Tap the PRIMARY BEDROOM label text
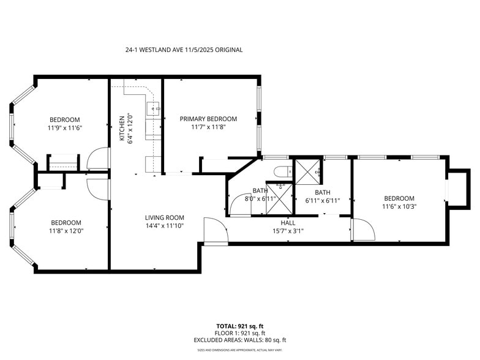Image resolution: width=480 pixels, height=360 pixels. (208, 119)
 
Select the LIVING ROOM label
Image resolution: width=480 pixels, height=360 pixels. (165, 217)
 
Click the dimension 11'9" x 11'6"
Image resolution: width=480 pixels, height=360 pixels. (65, 128)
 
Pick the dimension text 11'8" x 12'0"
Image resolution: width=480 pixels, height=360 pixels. (65, 231)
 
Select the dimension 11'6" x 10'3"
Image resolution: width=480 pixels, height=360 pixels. (399, 207)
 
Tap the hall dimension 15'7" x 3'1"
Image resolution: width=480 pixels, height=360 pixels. (289, 231)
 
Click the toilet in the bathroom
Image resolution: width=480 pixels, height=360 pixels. (282, 171)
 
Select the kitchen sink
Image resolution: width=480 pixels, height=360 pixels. (152, 109)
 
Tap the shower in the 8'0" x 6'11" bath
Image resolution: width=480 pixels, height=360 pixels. (279, 197)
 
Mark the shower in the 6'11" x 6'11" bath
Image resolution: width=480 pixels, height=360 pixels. (307, 171)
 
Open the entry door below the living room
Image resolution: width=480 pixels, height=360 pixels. (215, 231)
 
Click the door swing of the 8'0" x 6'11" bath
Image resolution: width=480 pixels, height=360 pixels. (239, 205)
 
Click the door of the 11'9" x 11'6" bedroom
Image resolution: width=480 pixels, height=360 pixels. (98, 159)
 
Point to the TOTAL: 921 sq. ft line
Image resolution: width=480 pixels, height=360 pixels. (241, 326)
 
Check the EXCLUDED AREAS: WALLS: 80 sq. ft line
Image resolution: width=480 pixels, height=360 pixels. (241, 340)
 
